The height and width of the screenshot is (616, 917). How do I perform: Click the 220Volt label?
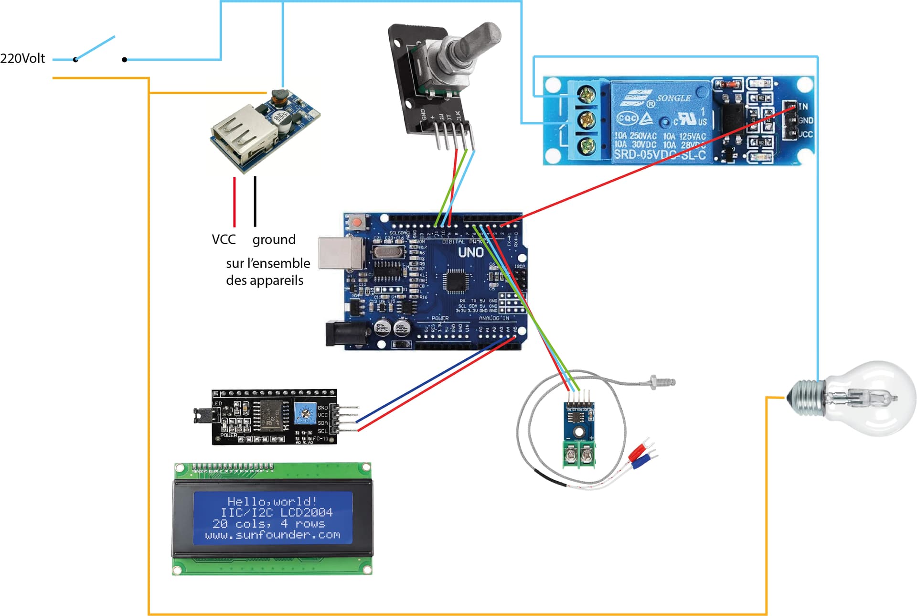22,58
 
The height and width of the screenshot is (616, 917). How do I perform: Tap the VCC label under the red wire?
224,239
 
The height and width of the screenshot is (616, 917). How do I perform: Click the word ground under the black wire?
274,239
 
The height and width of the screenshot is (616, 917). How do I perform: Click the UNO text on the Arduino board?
470,252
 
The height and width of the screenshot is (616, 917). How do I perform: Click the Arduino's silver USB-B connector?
340,252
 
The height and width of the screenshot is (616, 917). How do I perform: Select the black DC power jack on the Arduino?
345,333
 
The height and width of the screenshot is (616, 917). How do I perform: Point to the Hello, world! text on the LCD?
272,501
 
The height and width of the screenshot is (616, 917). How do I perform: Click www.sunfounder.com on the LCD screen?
273,535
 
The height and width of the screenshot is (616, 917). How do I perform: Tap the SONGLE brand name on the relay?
673,98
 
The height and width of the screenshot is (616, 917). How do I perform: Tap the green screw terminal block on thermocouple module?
579,454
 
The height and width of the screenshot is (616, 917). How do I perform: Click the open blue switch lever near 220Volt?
96,48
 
